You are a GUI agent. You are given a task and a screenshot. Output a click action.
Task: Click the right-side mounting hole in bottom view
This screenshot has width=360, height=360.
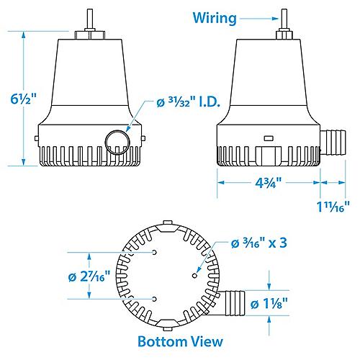[194, 274]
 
